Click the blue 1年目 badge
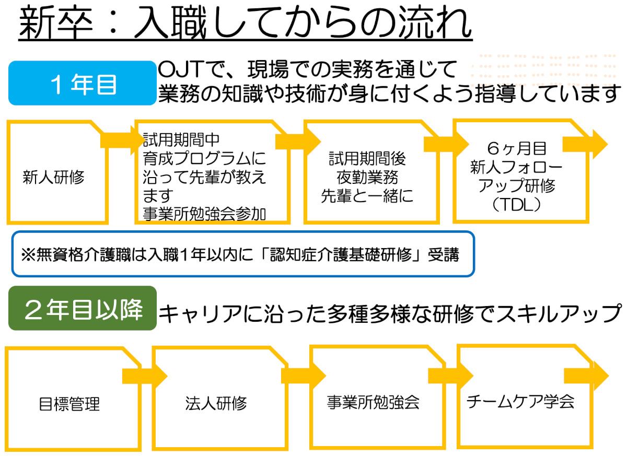point(83,84)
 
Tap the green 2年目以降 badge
point(83,310)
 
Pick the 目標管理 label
point(69,404)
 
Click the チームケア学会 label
point(520,401)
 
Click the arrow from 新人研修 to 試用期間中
point(118,140)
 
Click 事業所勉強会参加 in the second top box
point(204,215)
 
